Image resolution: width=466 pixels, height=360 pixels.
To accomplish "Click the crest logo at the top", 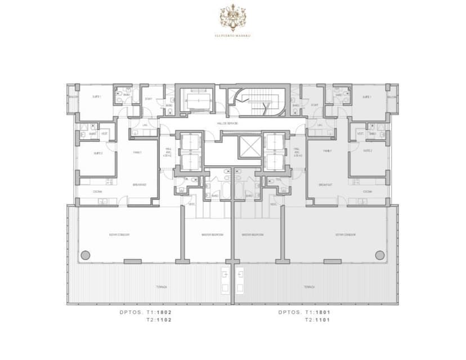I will point(232,17).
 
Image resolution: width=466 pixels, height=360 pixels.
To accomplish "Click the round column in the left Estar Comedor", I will point(85,255).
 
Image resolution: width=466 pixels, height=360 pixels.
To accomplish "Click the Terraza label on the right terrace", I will point(309,287).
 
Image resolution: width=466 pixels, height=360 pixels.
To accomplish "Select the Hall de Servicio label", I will point(227,123).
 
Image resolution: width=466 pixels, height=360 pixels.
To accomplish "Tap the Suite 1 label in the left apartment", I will point(96,97).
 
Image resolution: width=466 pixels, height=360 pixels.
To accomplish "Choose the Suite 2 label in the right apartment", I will point(368,151).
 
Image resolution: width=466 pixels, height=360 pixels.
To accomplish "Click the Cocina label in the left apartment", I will point(97,192).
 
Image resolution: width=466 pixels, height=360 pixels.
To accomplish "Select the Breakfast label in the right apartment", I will point(325,184).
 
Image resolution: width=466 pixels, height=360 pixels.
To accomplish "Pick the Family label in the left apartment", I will point(137,152).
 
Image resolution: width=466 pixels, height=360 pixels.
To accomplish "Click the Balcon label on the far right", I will point(392,97).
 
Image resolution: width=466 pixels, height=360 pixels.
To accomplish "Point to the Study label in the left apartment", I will point(149,99).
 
